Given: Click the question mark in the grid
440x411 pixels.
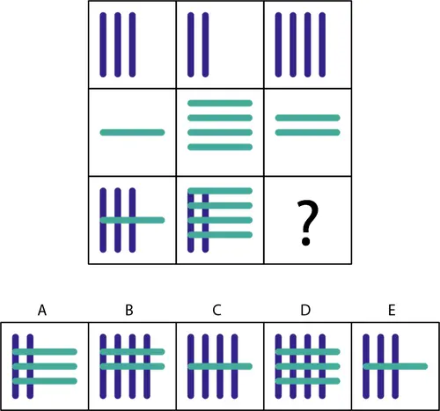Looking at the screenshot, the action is (307, 223).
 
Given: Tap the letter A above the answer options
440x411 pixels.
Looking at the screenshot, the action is (42, 310).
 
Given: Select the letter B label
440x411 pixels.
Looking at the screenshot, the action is (129, 310).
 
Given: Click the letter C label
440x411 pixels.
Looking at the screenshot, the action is (216, 310).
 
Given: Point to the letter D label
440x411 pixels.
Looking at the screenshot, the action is (305, 310).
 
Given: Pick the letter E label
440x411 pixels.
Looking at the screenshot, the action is (392, 310).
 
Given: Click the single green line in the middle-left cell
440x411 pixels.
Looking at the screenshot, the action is (132, 132).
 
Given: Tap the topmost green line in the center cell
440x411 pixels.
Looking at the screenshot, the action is (220, 103).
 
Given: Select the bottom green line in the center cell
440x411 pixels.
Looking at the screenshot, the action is (220, 147).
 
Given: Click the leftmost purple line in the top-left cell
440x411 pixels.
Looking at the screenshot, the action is (103, 45).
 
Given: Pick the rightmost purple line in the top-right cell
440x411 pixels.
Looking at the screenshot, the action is (322, 45).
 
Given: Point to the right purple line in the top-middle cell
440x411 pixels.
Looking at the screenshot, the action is (205, 45).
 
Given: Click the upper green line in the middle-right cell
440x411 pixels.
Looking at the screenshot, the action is (308, 118).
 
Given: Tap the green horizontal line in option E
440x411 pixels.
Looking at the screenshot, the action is (395, 366).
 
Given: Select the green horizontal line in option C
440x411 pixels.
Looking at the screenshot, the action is (220, 366).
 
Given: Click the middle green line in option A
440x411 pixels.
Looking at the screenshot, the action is (45, 366).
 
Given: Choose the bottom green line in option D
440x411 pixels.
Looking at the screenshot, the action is (308, 381).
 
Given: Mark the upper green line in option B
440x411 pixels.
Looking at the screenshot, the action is (132, 351).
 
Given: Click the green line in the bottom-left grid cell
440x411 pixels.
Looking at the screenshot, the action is (132, 220).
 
